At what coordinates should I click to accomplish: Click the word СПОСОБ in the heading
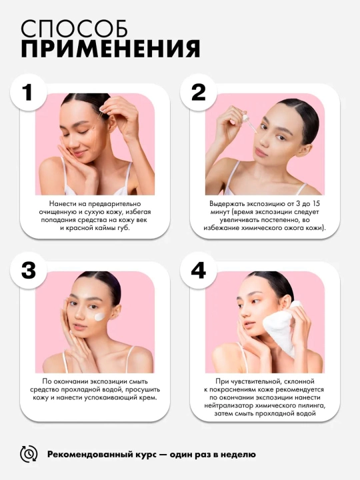click(x=75, y=29)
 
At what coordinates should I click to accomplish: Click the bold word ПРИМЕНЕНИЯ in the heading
click(x=111, y=49)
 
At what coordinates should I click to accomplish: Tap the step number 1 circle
click(x=29, y=92)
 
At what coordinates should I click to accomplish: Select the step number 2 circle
click(x=199, y=92)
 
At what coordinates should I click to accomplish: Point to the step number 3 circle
click(x=29, y=271)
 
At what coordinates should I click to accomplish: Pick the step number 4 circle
click(x=199, y=271)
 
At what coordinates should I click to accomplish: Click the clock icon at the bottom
click(x=29, y=454)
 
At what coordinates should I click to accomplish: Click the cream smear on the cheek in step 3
click(x=100, y=317)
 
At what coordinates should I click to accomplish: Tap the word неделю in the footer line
click(x=241, y=455)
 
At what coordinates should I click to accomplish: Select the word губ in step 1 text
click(x=124, y=229)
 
